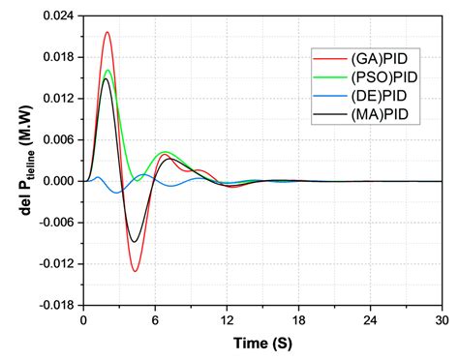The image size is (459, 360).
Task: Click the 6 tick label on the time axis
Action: point(155,319)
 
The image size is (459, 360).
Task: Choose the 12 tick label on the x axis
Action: point(227,319)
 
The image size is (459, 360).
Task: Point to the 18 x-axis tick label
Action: point(298,319)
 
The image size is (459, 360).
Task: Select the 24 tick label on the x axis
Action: point(370,319)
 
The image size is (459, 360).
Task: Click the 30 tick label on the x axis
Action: point(441,319)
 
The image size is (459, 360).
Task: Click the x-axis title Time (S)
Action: point(261,343)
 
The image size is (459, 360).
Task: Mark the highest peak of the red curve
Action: point(107,32)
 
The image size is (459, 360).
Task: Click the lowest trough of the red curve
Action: point(135,271)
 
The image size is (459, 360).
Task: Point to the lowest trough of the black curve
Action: point(135,242)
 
